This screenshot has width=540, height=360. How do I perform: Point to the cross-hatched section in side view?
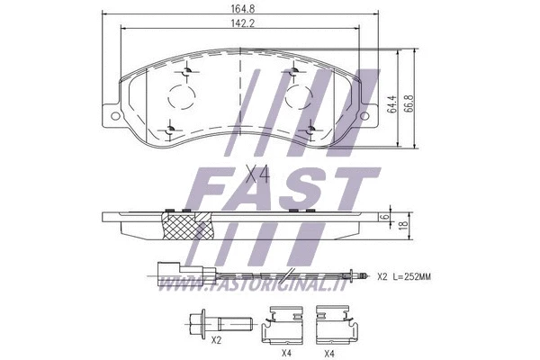[x=185, y=225]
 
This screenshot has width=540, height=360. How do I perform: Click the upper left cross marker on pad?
[x=187, y=71]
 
